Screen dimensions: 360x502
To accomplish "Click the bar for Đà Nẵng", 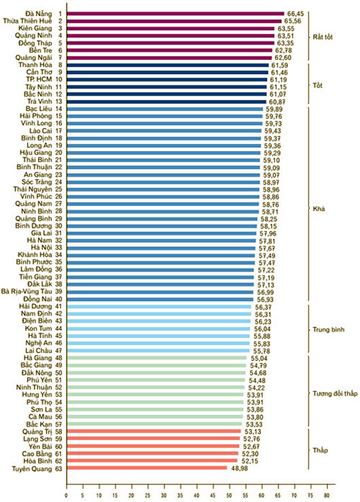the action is tap(175, 14).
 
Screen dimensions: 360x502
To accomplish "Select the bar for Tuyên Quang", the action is tap(147, 468).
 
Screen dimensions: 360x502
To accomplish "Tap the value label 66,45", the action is tap(295, 14).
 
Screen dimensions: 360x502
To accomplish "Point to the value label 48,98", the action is tap(239, 469).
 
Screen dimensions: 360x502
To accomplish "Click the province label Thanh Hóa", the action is tap(35, 65).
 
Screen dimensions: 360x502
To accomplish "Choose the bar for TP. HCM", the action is tap(166, 79).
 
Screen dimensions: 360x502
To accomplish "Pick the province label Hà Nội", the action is tap(41, 248).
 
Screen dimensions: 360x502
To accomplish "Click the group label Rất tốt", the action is tap(323, 37).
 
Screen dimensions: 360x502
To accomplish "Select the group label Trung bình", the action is tap(329, 329).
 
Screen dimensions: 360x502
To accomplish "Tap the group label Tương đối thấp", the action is tap(335, 393).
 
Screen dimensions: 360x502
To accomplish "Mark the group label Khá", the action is tap(319, 209).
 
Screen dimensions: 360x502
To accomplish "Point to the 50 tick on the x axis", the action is tap(229, 495).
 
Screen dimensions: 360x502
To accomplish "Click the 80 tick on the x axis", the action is tap(327, 495).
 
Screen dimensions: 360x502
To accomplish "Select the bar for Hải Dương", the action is tap(159, 307).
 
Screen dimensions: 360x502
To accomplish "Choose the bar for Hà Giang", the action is tap(157, 358).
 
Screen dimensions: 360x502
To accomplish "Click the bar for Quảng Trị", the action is tap(154, 431).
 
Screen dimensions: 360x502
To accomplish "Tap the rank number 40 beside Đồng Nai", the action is tap(58, 300).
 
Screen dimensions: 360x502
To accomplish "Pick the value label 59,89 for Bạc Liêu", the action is tap(274, 109).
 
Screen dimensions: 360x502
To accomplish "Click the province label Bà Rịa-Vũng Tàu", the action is tap(26, 291).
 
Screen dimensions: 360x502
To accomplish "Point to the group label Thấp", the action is tap(321, 450).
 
